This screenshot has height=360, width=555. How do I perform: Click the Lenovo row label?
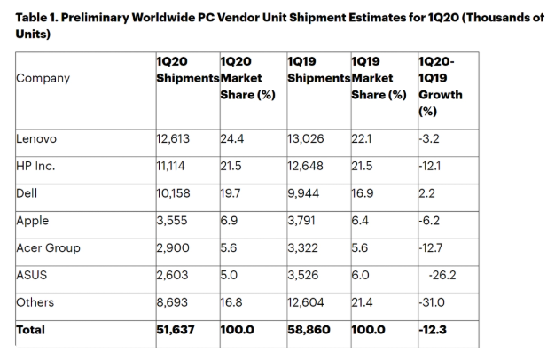[35, 139]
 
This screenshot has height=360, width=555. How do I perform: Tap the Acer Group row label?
[49, 249]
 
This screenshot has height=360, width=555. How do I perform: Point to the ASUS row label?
[31, 277]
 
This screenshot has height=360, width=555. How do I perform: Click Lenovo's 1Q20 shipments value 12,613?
[175, 139]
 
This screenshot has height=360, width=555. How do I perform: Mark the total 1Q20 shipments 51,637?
[176, 332]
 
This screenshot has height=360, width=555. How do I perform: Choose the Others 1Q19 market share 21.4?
[363, 304]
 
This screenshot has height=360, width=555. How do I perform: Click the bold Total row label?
[30, 332]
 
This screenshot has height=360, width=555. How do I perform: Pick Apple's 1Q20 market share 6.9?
[229, 222]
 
